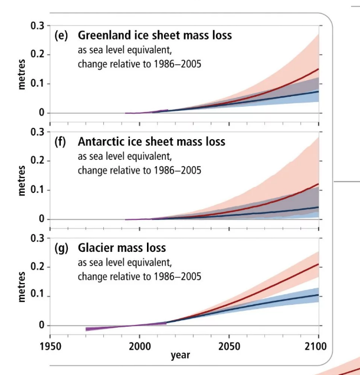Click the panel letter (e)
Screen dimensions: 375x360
[x=61, y=35]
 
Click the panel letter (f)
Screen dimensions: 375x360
[x=61, y=142]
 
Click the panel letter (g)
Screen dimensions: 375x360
[x=61, y=248]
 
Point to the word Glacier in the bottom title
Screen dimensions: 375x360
[x=97, y=248]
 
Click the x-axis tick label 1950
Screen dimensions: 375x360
[x=50, y=345]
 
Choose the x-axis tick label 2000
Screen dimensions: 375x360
[x=139, y=345]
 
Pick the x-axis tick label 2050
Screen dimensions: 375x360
[x=229, y=345]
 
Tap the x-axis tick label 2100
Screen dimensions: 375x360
[x=318, y=345]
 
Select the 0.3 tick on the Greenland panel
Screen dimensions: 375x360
[x=37, y=25]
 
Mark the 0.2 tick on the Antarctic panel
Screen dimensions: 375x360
[x=37, y=161]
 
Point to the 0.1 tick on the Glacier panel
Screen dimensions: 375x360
[x=37, y=296]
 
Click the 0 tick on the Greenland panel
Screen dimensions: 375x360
[x=41, y=113]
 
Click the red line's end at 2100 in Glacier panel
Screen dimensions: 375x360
[x=318, y=265]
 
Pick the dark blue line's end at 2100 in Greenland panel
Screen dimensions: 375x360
[x=318, y=91]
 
